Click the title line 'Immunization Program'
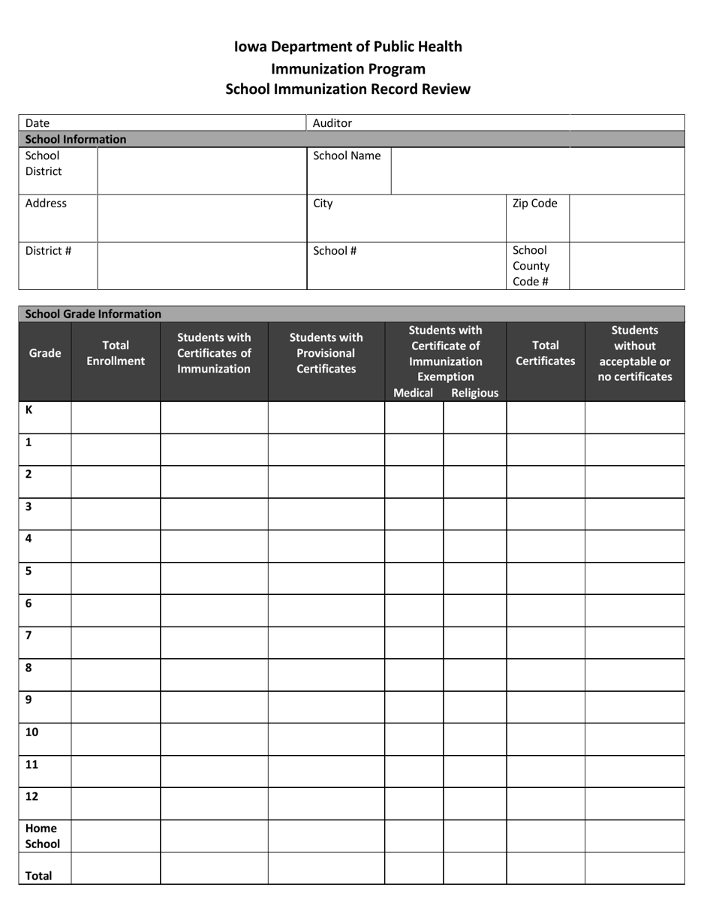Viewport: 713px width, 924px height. click(x=348, y=68)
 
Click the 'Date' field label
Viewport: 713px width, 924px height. click(x=38, y=123)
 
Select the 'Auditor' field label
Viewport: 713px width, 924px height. click(x=332, y=123)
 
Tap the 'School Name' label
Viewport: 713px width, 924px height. click(x=347, y=156)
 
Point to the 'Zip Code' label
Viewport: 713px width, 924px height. click(x=535, y=203)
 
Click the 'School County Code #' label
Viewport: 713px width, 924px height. click(x=531, y=266)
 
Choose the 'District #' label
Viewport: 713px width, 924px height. click(x=48, y=250)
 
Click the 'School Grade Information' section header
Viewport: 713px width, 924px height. click(x=93, y=314)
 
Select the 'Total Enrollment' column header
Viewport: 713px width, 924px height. click(x=116, y=353)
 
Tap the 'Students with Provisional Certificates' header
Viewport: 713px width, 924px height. click(x=326, y=353)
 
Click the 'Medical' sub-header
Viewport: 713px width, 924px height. click(x=413, y=393)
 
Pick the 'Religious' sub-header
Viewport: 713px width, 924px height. click(x=474, y=393)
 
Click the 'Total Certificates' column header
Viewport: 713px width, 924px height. click(x=546, y=353)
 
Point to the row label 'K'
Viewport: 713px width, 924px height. click(x=29, y=410)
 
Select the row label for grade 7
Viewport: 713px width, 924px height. click(x=29, y=636)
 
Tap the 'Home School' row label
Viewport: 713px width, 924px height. click(x=42, y=836)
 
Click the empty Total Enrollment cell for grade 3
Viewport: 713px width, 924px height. click(x=116, y=514)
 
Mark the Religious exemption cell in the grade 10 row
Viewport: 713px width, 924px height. click(x=475, y=739)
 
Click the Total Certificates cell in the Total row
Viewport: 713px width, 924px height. click(x=546, y=868)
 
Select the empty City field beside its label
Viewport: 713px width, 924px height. click(x=420, y=218)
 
